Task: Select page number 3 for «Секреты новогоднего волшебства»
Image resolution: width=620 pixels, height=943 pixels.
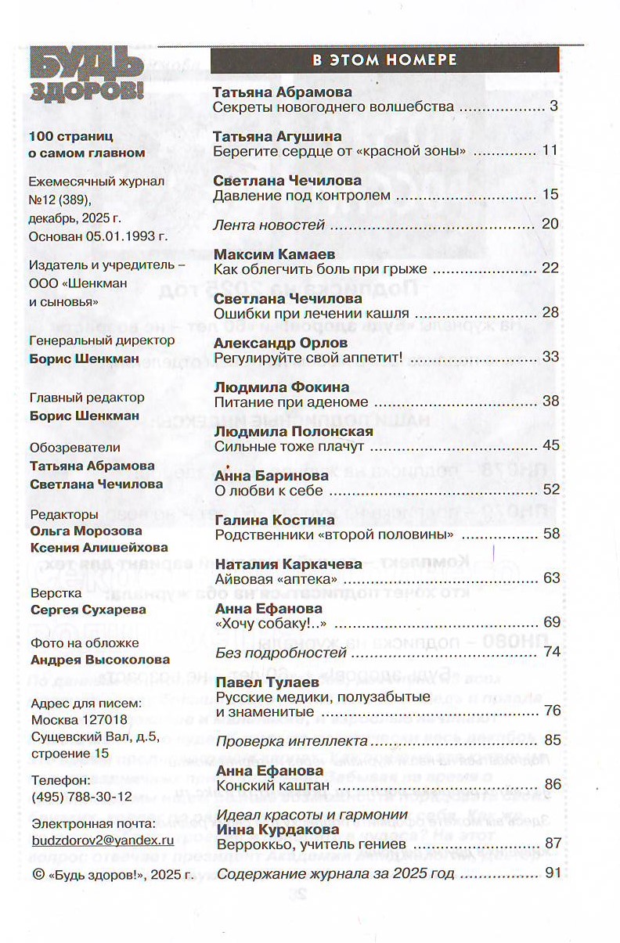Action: [x=553, y=106]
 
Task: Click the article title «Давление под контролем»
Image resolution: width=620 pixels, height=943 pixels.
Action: [x=301, y=195]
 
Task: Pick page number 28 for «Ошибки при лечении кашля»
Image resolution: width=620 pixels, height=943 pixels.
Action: [x=550, y=313]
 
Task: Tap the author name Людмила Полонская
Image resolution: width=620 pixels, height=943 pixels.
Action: [x=294, y=431]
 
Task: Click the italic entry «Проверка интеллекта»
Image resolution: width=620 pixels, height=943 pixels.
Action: [x=292, y=740]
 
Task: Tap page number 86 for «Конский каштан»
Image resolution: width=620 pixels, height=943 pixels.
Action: [x=553, y=784]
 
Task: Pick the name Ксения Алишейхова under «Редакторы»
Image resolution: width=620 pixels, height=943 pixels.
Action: [x=98, y=547]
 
